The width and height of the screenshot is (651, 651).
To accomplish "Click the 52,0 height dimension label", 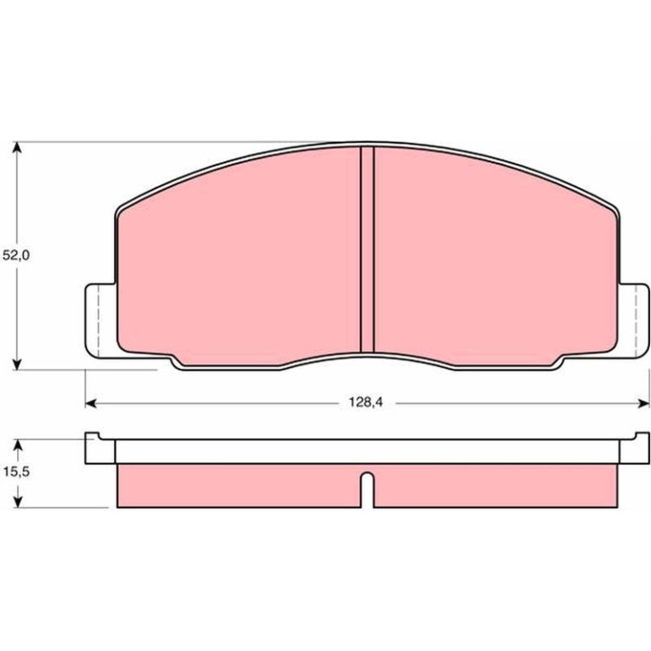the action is pyautogui.click(x=16, y=255).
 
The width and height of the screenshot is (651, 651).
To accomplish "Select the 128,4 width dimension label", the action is pyautogui.click(x=365, y=402).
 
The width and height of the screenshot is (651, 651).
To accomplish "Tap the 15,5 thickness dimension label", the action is pyautogui.click(x=16, y=472).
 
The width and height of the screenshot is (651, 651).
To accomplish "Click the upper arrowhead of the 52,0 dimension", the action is pyautogui.click(x=17, y=148).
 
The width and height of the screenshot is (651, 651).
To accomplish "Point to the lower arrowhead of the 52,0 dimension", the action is pyautogui.click(x=17, y=364).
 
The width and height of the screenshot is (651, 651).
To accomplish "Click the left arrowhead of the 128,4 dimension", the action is pyautogui.click(x=91, y=403).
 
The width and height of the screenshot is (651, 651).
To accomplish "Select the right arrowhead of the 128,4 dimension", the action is pyautogui.click(x=643, y=403).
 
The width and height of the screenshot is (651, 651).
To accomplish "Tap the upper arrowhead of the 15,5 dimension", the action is pyautogui.click(x=17, y=445).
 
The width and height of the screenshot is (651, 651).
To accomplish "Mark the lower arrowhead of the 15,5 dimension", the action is pyautogui.click(x=17, y=501).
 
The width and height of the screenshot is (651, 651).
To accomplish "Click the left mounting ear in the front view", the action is pyautogui.click(x=99, y=320).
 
